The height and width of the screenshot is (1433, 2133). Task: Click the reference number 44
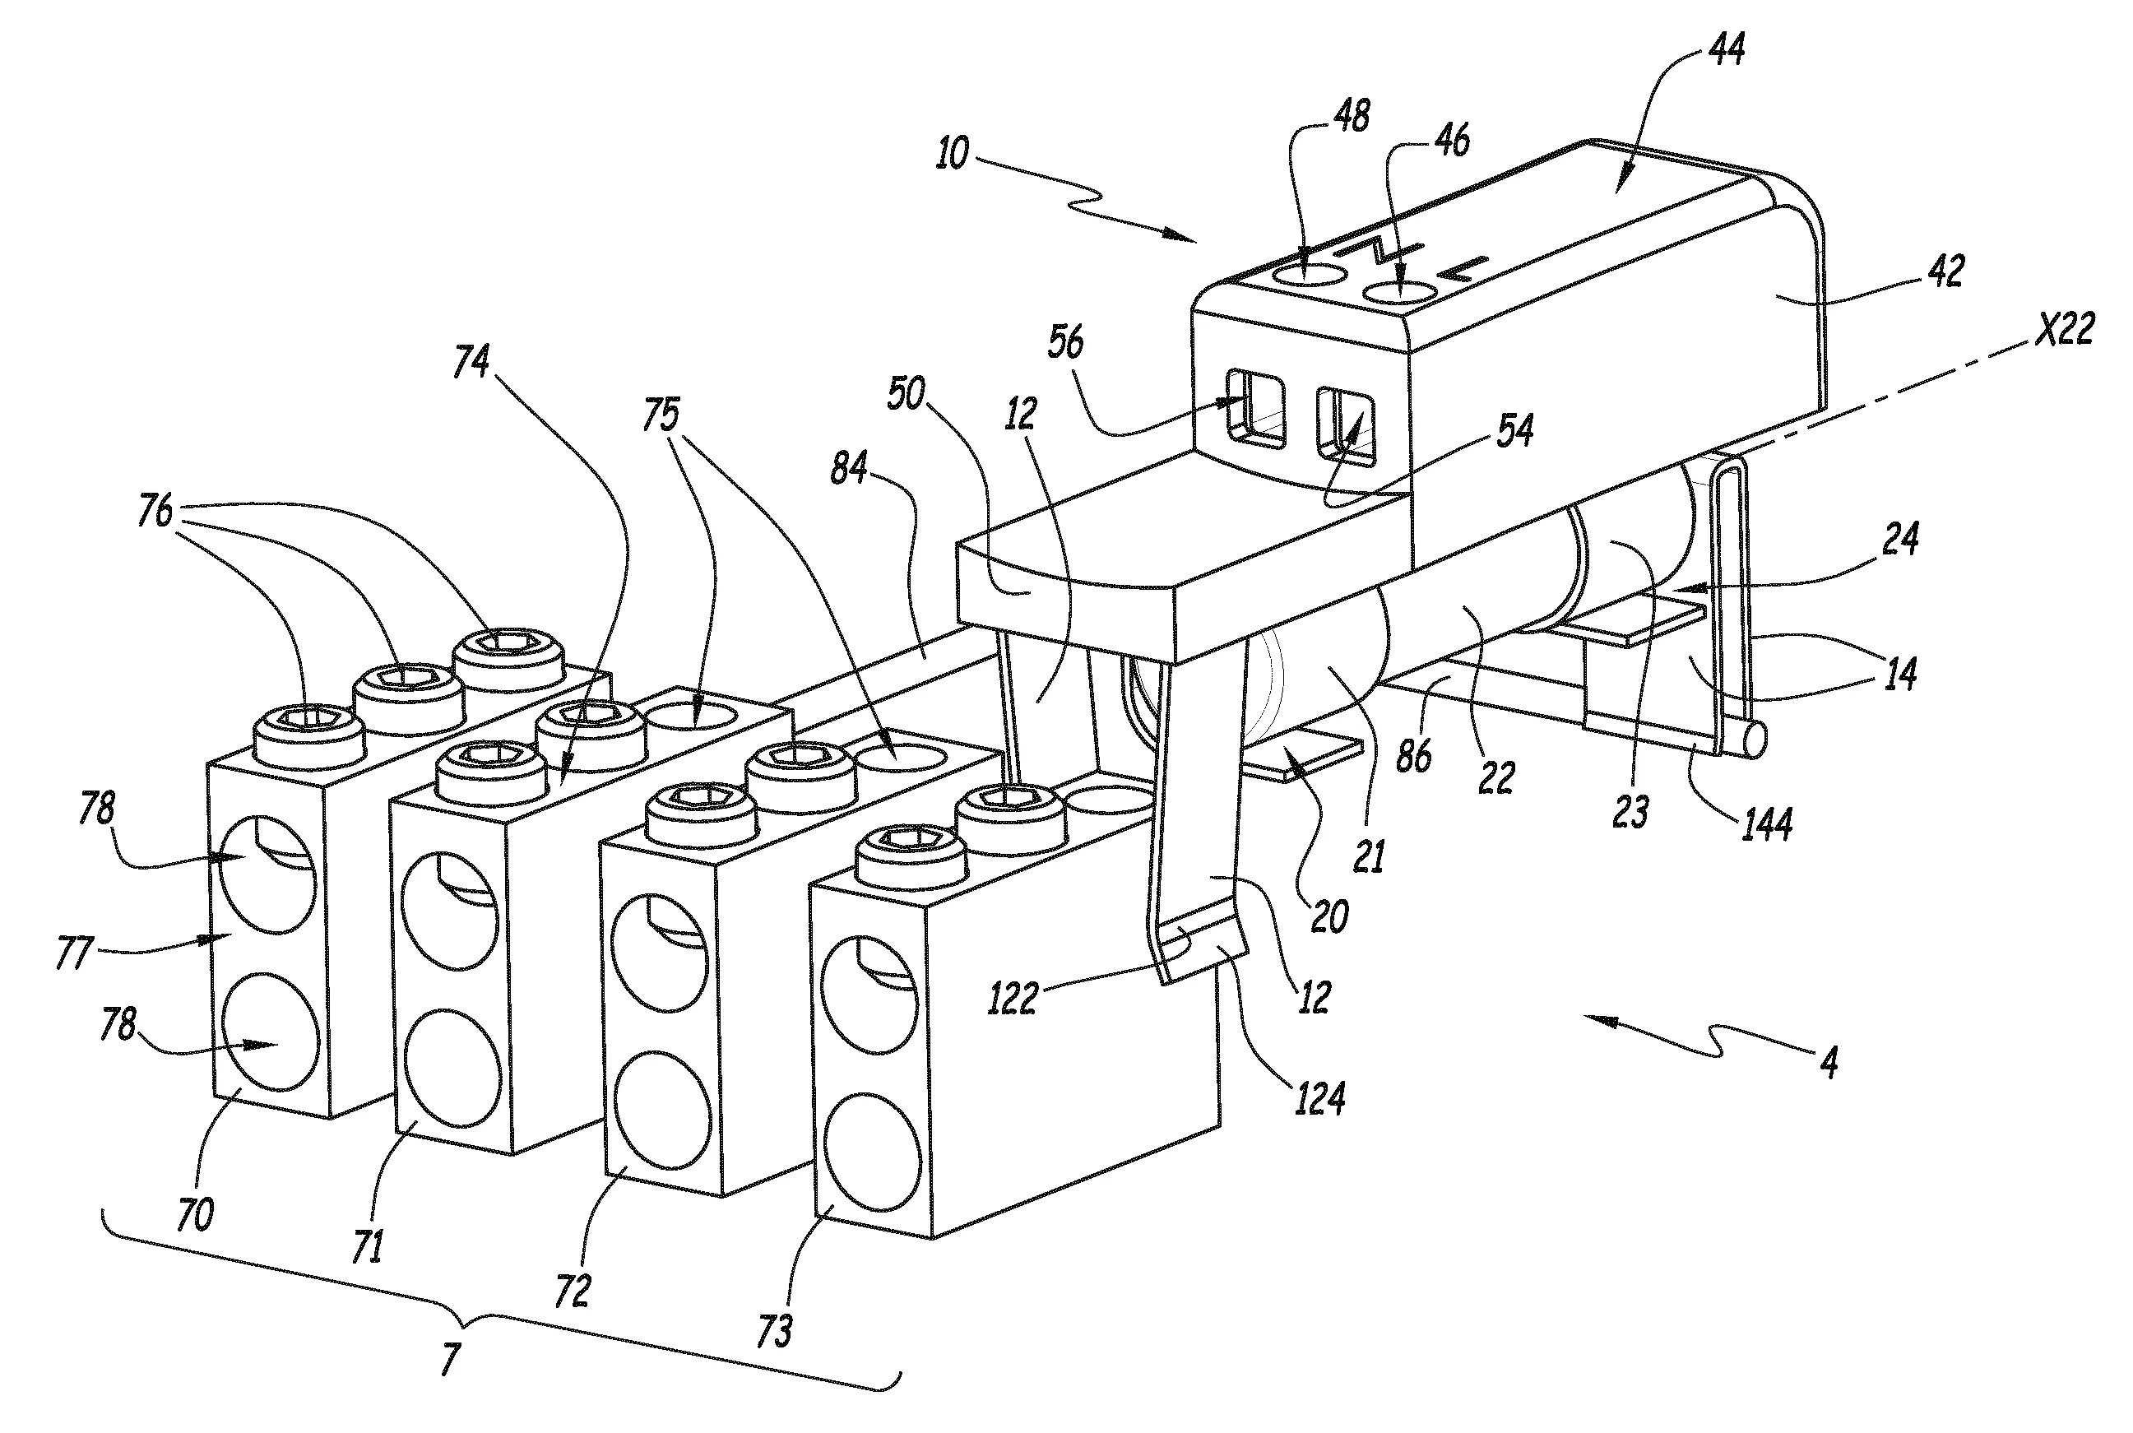1726,49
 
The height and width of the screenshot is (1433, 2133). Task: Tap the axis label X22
2065,328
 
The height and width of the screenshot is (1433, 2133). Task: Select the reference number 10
953,154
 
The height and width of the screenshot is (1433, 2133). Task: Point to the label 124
1319,1096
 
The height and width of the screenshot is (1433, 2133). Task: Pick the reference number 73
773,1332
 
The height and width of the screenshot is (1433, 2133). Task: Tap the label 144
1765,823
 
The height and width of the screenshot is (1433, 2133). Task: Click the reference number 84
849,469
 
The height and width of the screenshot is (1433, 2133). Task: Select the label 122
1013,999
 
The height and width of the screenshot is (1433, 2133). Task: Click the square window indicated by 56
1255,409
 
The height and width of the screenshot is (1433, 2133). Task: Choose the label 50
906,395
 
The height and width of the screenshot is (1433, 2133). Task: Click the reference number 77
75,953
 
